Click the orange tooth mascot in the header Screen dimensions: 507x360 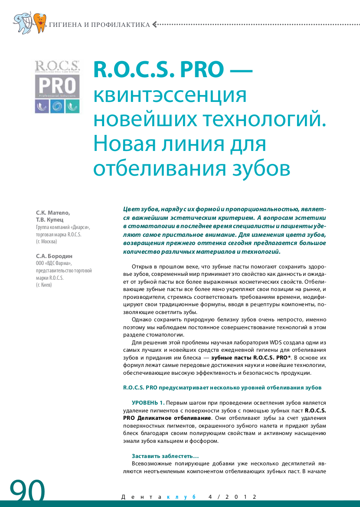(40, 23)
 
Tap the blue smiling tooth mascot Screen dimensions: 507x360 (23, 22)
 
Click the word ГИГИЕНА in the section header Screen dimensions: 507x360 (65, 25)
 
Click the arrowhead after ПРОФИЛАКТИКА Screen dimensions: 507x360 (155, 24)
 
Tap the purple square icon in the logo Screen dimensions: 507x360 (42, 106)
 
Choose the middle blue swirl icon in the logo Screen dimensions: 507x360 (57, 106)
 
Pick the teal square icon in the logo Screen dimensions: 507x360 (72, 106)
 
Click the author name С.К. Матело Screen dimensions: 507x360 (52, 213)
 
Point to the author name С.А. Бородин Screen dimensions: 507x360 (54, 256)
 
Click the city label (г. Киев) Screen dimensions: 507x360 (44, 285)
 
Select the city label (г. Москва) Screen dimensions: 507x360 (46, 242)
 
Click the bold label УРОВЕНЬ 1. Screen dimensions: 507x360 (148, 402)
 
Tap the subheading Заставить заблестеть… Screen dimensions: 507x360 (165, 456)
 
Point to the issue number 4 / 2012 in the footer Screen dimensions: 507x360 (232, 497)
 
